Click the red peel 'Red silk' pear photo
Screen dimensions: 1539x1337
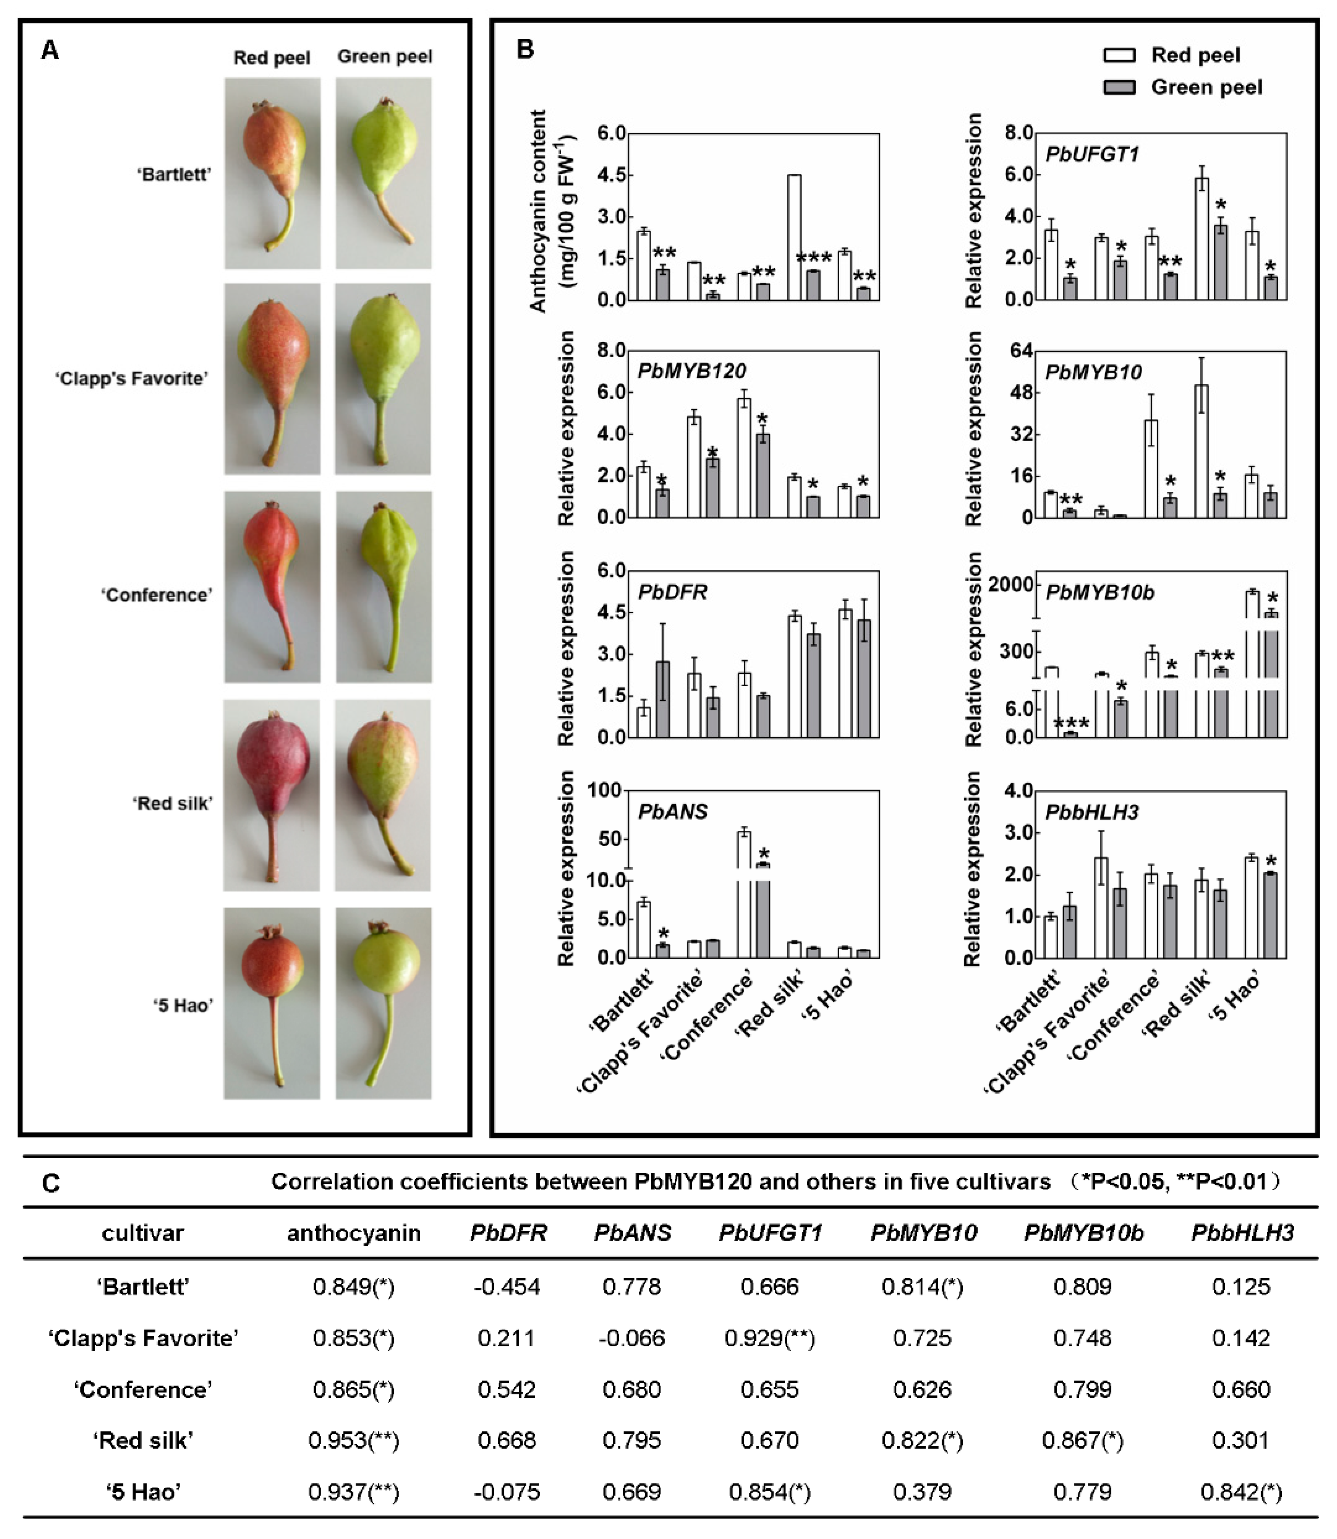coord(272,795)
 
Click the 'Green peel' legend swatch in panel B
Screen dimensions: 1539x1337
coord(1119,87)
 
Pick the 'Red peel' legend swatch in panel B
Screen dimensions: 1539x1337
coord(1119,55)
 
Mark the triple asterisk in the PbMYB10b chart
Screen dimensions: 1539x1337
coord(1071,723)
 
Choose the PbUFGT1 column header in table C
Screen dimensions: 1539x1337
coord(770,1233)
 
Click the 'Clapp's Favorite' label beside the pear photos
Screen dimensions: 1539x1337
coord(131,379)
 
